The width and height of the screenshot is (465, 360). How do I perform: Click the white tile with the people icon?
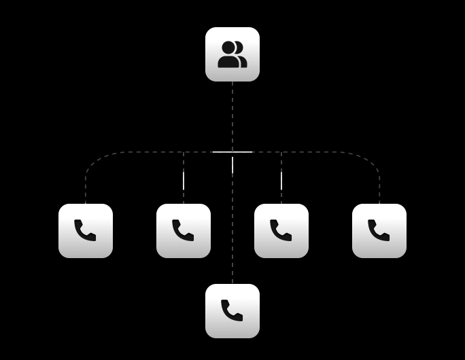click(x=232, y=54)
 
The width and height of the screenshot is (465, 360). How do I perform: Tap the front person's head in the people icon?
click(x=228, y=48)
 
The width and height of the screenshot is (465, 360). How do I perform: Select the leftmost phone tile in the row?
click(x=86, y=231)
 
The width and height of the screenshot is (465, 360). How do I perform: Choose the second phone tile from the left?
click(x=184, y=231)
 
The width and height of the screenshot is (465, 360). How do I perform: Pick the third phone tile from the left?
click(x=281, y=231)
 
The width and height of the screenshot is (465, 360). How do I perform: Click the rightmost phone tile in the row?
click(x=379, y=231)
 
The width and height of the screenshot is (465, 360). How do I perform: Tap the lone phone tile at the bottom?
click(x=232, y=311)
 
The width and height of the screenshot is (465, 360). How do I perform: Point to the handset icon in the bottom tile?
click(x=232, y=310)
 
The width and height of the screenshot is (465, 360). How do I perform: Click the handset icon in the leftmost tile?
click(x=85, y=230)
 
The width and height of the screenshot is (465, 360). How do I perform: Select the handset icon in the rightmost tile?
click(x=379, y=230)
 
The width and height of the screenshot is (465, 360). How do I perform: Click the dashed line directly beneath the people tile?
click(x=232, y=115)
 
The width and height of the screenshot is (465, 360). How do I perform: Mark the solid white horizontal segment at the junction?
click(x=232, y=151)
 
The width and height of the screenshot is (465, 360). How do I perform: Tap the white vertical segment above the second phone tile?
click(x=184, y=181)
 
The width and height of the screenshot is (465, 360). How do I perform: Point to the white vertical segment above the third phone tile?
click(x=281, y=181)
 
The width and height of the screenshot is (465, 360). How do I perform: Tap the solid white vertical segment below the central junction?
click(x=232, y=164)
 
